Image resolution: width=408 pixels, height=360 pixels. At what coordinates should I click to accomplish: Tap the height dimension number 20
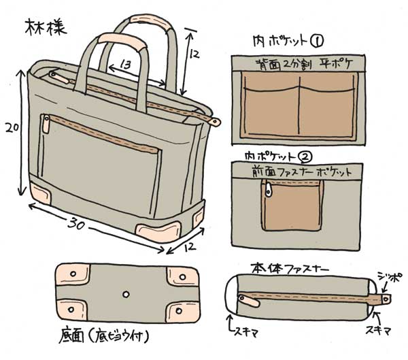10,127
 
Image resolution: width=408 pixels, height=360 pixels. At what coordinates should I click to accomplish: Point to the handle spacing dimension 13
124,65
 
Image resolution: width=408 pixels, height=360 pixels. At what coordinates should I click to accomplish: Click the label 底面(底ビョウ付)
102,336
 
